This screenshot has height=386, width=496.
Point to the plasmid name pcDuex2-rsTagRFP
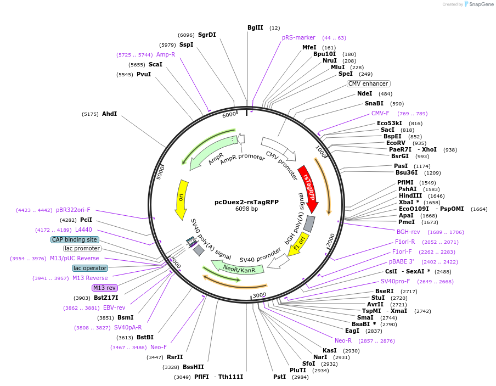(x=246, y=202)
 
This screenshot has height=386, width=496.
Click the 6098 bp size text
(x=246, y=209)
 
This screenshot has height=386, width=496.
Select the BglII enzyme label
(x=255, y=27)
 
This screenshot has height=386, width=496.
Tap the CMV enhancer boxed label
(x=368, y=84)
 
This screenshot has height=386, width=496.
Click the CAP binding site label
(x=75, y=239)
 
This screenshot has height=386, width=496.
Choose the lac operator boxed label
(x=90, y=268)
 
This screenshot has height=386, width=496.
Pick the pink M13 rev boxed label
(x=105, y=288)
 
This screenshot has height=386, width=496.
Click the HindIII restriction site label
(x=410, y=195)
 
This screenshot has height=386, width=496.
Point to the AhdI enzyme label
(x=109, y=114)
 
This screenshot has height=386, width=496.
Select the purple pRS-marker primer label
(x=298, y=37)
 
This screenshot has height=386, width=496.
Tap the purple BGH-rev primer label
(x=408, y=232)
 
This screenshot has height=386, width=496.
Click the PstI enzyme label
(x=279, y=377)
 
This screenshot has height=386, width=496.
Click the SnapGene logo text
(x=480, y=4)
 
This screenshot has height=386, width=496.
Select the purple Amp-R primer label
(x=166, y=54)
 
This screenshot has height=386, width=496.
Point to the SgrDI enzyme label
(x=207, y=35)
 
